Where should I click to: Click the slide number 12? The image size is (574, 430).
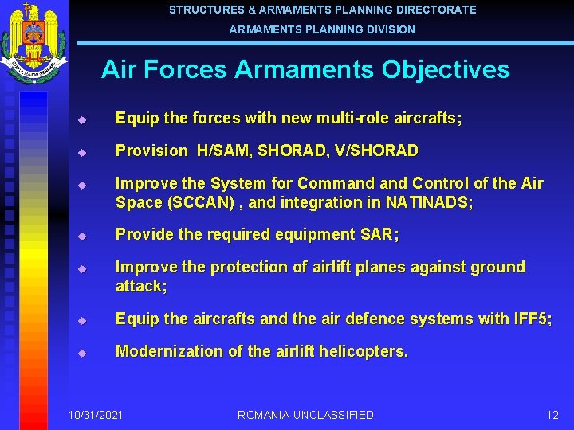pos(552,415)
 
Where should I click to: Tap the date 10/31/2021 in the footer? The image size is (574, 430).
pos(96,415)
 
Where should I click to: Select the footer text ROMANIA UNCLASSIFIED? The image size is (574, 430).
pos(305,415)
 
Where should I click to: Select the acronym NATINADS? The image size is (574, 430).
pos(428,203)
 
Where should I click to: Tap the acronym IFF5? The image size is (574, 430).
pos(533,319)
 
